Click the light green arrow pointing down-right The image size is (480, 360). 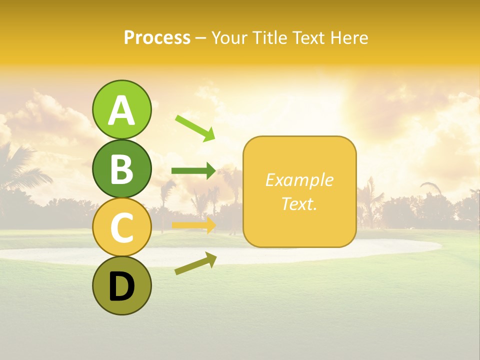click(x=195, y=128)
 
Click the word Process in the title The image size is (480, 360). click(x=157, y=38)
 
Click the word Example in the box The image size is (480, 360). click(x=299, y=180)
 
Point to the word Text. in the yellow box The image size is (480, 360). click(x=299, y=203)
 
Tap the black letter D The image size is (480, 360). click(x=122, y=287)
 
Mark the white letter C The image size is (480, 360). click(x=122, y=228)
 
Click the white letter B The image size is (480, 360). click(x=122, y=169)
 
